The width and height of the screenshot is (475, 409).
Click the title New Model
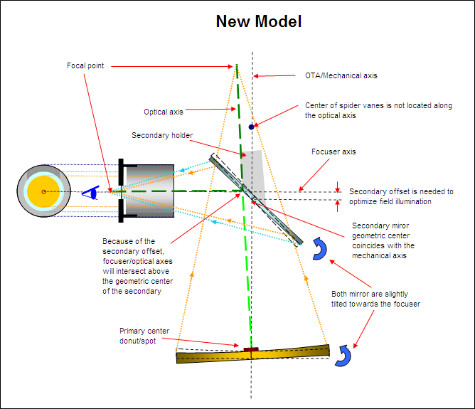(259, 21)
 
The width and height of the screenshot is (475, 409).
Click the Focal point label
(85, 65)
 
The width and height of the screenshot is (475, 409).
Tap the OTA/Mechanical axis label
(336, 75)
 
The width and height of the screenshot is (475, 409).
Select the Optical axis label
(164, 112)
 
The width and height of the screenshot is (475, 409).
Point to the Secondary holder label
(162, 135)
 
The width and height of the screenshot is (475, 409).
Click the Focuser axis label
(333, 152)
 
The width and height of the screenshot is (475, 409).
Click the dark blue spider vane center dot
(252, 127)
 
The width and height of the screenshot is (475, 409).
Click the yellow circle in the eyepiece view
(44, 191)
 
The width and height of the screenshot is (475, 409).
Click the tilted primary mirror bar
(253, 354)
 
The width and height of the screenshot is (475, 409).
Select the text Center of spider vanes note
(378, 110)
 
